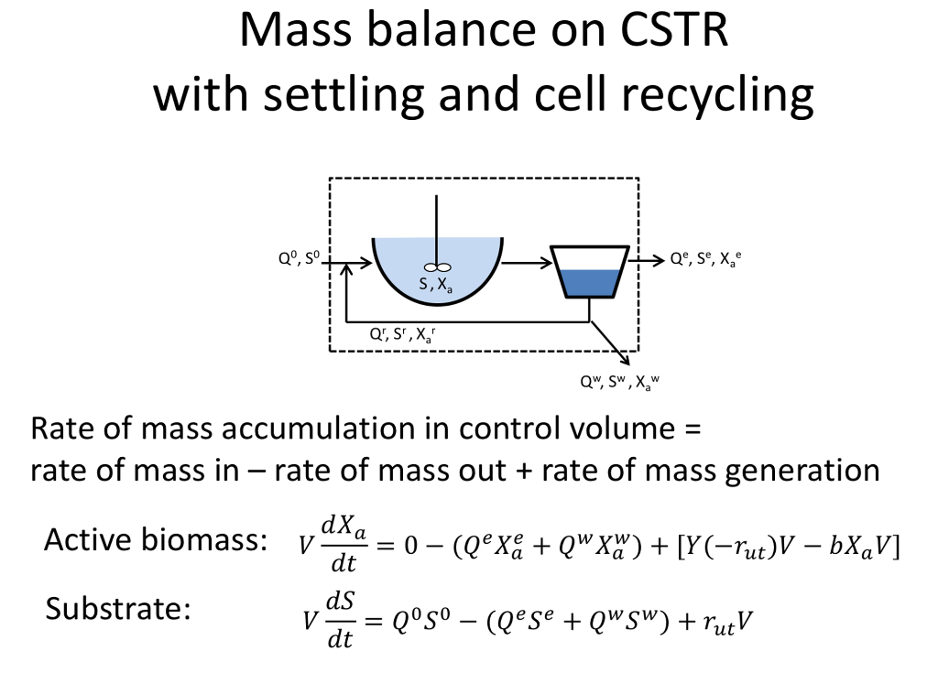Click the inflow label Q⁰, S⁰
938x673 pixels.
coord(298,259)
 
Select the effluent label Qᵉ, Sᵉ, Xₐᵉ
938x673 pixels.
coord(703,259)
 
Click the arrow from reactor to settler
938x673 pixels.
coord(527,264)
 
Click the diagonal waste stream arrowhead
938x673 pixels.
coord(623,359)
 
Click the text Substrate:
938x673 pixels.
coord(117,608)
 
